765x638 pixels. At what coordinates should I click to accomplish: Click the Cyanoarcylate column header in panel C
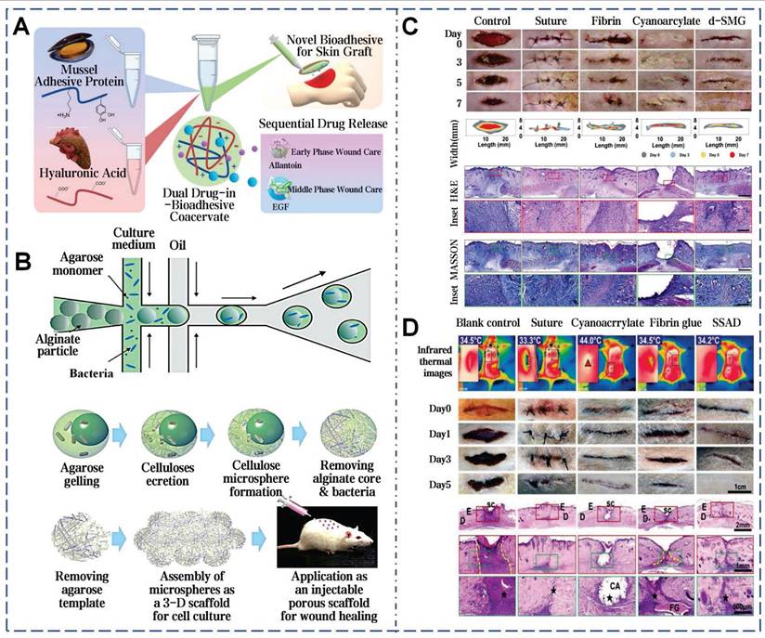[666, 19]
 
